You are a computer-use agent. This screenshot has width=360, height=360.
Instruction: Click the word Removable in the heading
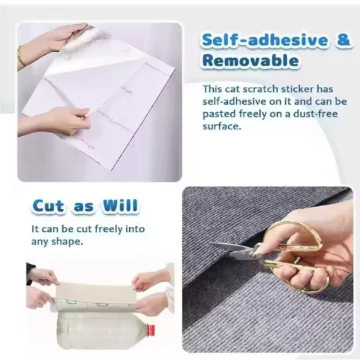point(250,61)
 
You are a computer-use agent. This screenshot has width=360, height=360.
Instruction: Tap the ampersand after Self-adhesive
point(343,40)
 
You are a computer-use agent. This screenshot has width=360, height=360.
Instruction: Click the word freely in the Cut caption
point(102,229)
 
